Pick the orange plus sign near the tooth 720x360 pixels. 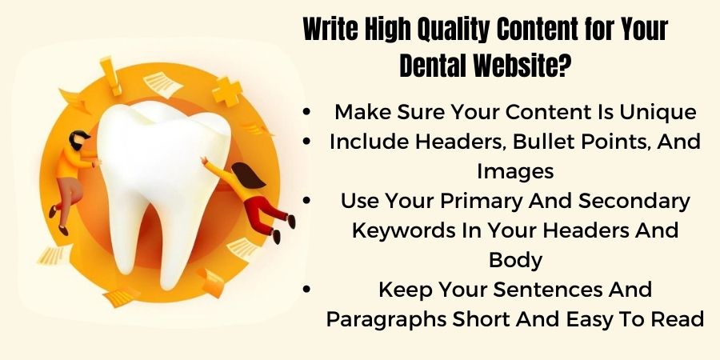(x=226, y=93)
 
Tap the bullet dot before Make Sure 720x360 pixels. (x=308, y=113)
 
